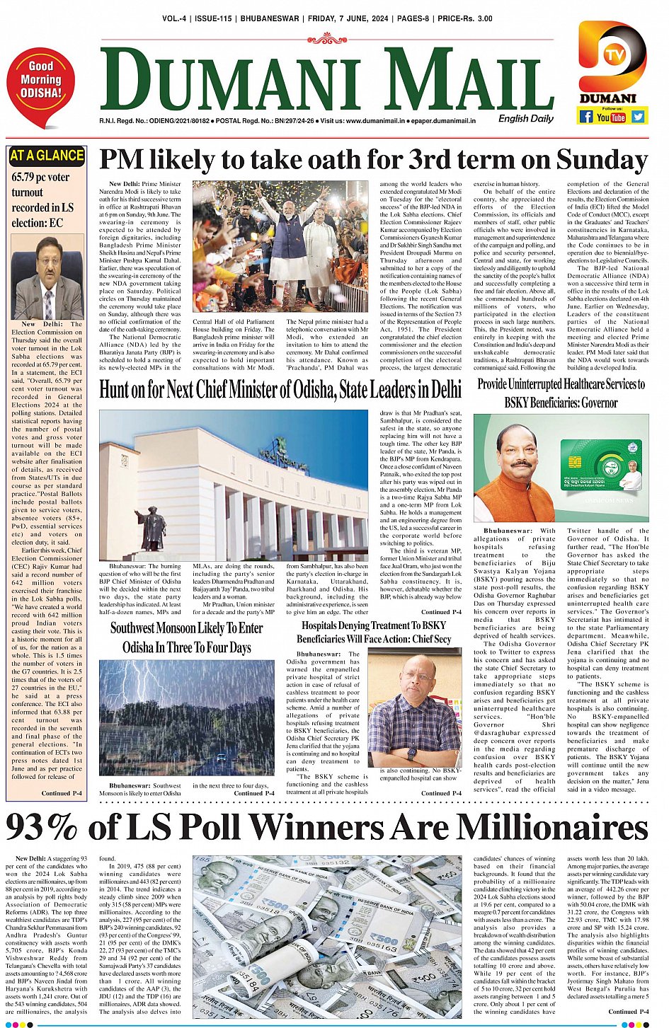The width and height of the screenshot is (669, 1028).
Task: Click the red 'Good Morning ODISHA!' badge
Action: [40, 84]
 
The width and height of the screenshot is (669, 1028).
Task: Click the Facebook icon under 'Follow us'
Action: [585, 117]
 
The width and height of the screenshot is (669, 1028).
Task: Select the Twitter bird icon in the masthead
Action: [638, 117]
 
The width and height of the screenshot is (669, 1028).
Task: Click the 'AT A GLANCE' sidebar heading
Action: [47, 156]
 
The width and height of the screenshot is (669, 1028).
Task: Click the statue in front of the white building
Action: [153, 527]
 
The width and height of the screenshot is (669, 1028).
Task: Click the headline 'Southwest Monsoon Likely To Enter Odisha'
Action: [186, 637]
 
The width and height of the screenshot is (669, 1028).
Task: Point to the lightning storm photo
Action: [186, 718]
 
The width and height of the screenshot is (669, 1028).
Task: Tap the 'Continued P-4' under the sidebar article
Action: [62, 793]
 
